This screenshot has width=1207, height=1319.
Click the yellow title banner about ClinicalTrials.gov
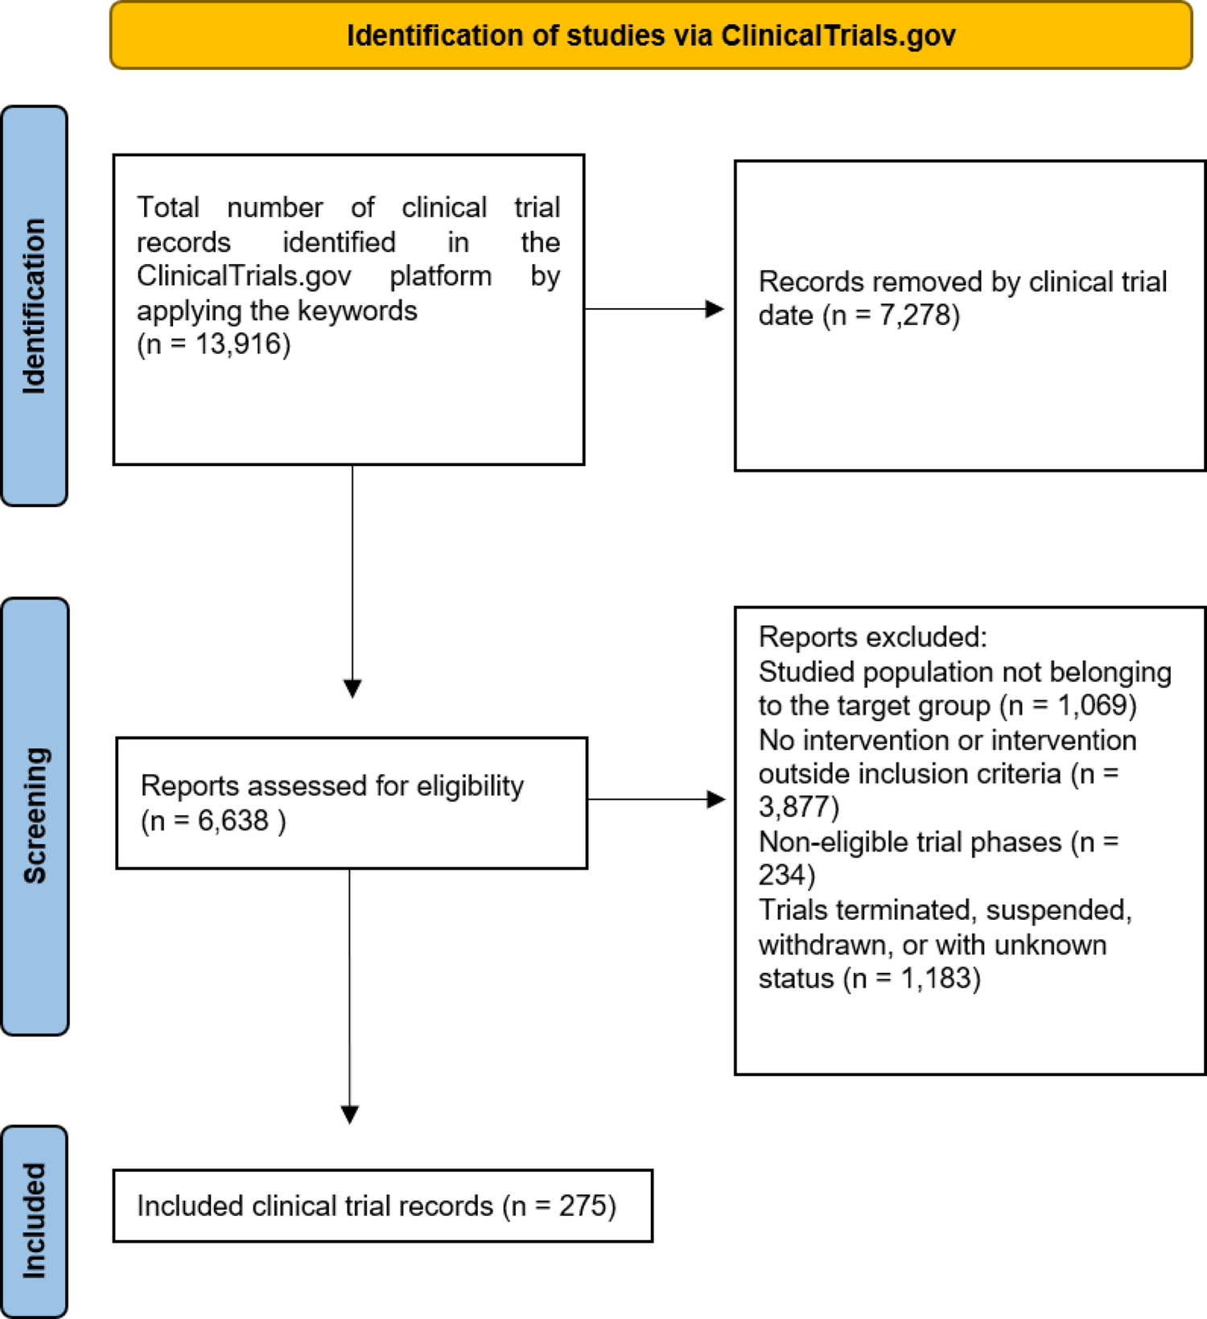coord(650,36)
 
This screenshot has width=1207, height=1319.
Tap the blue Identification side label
coord(34,306)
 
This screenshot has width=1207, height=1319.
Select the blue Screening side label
coord(35,815)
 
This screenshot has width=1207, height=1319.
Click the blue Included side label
coord(34,1221)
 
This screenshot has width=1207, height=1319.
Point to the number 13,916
coord(242,344)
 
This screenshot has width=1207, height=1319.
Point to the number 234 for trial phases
coord(782,876)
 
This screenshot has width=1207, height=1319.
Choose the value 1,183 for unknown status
coord(936,979)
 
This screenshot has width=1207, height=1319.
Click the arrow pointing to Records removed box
coord(713,309)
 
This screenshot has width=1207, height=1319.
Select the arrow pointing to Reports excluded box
coord(715,799)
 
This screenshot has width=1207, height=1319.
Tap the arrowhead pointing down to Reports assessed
coord(352,688)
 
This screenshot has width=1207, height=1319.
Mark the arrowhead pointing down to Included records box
coord(349,1114)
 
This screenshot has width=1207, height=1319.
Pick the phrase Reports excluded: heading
coord(872,637)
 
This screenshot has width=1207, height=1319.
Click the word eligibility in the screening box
coord(470,785)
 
